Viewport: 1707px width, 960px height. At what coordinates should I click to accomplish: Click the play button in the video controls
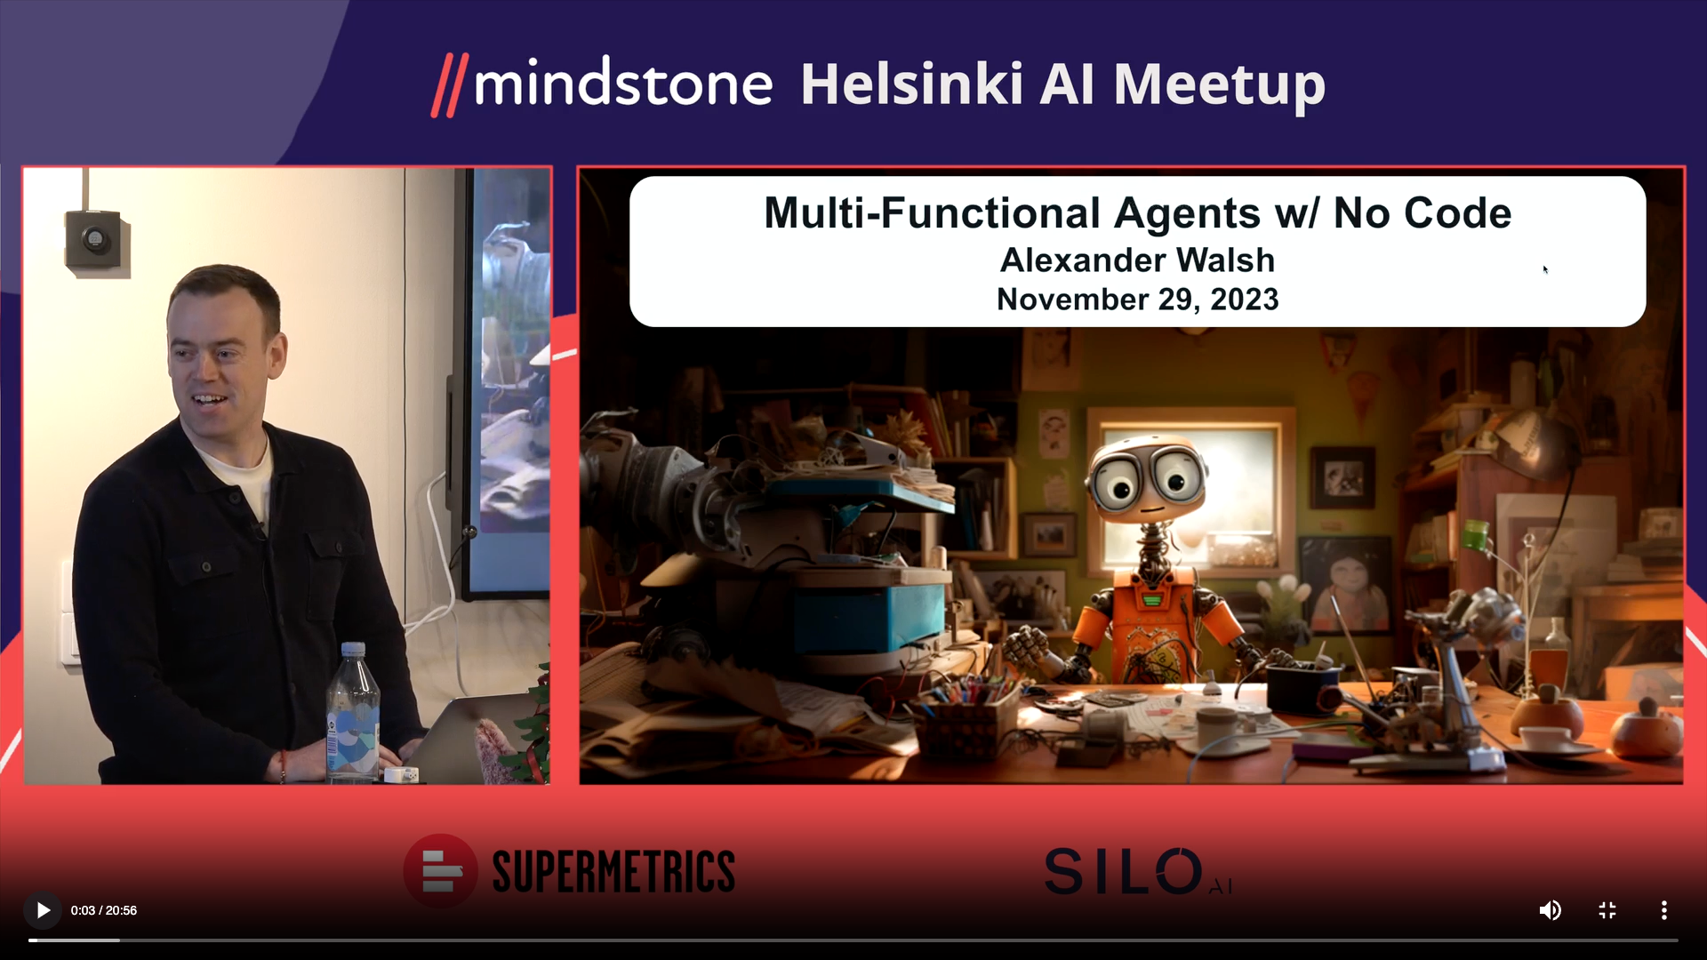43,910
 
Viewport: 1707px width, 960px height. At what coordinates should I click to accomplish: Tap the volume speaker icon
1550,910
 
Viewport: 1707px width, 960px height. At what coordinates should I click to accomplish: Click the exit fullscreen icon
1607,910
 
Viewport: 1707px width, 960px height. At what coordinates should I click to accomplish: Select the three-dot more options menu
1664,910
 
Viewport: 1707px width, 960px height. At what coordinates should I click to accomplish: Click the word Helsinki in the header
912,84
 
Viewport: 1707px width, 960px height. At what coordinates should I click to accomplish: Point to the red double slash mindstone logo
450,85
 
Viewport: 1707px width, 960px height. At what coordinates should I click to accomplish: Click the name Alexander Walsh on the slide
1137,260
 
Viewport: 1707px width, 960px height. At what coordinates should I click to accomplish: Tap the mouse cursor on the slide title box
1545,269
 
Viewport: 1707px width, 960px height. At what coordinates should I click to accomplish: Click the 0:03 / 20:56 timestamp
104,910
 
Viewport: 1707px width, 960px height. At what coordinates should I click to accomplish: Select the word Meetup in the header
1220,86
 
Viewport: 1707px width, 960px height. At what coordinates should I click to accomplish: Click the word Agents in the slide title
1187,214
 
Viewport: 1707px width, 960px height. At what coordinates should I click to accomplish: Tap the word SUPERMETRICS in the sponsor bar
613,871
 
